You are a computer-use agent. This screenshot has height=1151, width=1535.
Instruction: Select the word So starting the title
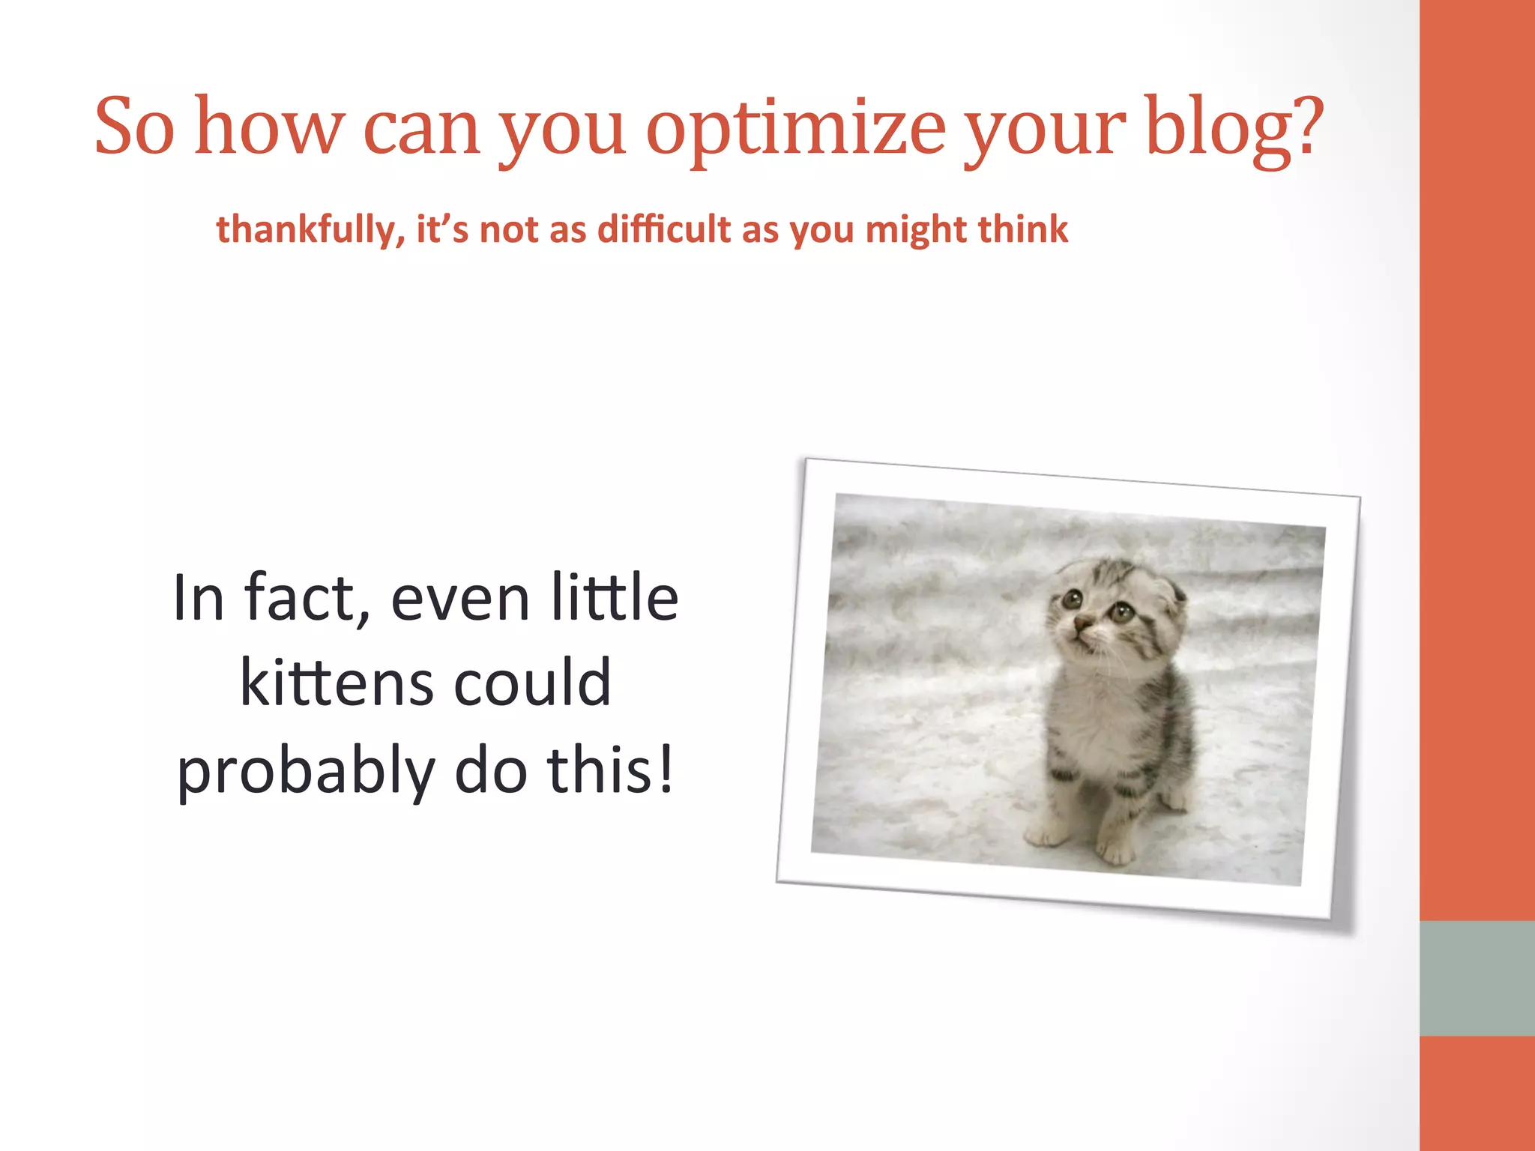135,127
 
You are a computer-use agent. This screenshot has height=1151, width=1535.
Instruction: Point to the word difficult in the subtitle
663,229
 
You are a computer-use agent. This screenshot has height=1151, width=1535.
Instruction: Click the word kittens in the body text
337,683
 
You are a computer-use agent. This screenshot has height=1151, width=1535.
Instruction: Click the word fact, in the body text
308,598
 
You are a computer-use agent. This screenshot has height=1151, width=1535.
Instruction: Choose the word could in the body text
533,683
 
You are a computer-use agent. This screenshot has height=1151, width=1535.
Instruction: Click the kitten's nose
1082,621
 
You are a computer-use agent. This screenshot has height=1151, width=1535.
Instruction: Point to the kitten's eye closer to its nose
1073,599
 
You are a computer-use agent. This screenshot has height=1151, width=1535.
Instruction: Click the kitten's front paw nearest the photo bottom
1115,851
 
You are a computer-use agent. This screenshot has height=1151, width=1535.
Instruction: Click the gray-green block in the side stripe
1477,978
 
